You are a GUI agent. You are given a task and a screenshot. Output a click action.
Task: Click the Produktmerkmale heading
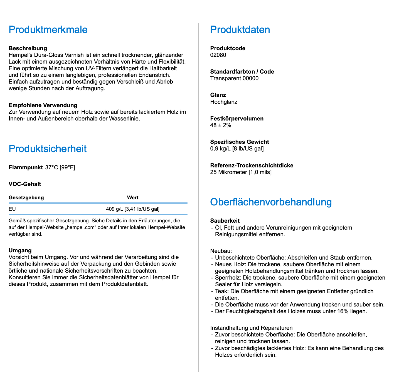point(48,30)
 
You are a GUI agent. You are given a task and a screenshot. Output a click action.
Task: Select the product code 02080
point(218,55)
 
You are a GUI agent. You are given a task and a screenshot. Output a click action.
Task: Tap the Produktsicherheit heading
point(48,149)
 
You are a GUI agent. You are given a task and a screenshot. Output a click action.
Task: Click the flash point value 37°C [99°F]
point(60,167)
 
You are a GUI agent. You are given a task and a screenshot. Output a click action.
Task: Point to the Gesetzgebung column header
point(26,198)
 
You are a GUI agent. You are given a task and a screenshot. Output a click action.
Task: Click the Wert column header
point(133,198)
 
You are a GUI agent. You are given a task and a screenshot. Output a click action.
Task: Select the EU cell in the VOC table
point(12,209)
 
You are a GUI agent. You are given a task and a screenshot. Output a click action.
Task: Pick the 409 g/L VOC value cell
point(133,209)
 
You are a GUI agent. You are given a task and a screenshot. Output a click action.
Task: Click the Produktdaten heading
point(240,30)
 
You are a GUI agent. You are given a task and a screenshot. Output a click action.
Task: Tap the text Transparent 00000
point(234,78)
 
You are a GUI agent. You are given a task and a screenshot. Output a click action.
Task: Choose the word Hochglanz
point(224,102)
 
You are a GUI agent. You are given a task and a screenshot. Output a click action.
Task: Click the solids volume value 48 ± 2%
point(221,125)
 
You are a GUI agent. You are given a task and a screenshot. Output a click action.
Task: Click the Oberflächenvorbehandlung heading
point(271,202)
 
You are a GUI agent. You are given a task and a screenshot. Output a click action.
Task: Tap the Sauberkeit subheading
point(225,221)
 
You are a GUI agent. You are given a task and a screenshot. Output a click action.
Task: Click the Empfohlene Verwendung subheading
point(43,105)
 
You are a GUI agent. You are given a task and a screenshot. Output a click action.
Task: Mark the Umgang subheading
point(20,250)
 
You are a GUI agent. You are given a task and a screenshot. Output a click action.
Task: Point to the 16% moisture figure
point(343,311)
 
